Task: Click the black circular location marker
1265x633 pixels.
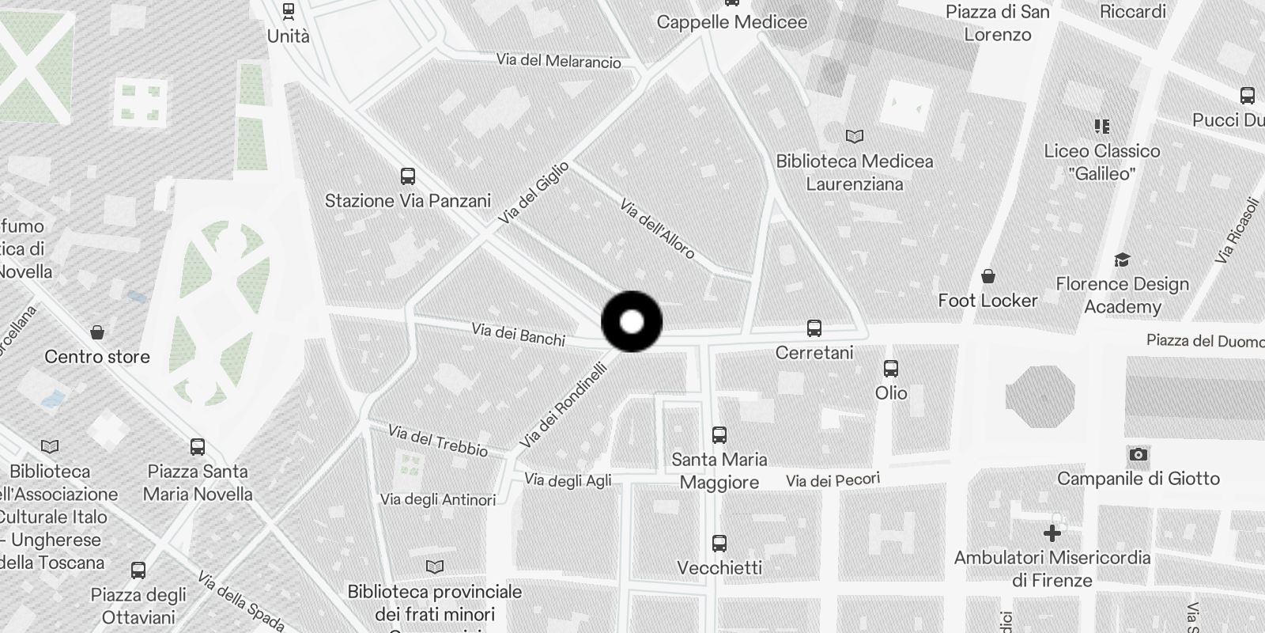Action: (x=632, y=321)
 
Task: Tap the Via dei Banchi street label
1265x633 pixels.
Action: (x=518, y=334)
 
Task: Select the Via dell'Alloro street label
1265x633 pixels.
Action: (x=657, y=229)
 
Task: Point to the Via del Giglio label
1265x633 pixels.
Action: (x=534, y=193)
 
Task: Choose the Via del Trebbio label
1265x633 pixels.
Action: (x=438, y=440)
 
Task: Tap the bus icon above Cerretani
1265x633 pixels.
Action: (x=814, y=328)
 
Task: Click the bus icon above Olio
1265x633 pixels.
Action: (x=891, y=368)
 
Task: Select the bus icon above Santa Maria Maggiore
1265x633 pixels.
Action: (x=719, y=434)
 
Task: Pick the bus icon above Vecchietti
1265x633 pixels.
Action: (x=719, y=543)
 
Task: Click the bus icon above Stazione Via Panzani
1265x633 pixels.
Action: (x=408, y=176)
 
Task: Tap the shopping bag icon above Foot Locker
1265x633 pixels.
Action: (x=987, y=276)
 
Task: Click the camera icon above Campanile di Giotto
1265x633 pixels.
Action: (x=1138, y=454)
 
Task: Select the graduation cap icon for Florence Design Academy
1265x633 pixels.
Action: (x=1122, y=260)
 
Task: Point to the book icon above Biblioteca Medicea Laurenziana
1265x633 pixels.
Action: (x=854, y=136)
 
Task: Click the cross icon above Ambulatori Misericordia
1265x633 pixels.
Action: (x=1052, y=533)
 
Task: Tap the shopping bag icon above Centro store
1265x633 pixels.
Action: (x=97, y=332)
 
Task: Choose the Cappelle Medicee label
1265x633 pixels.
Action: (x=732, y=22)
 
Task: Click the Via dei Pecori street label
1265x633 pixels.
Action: (x=833, y=480)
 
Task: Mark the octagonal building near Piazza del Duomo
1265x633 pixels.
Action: (x=1040, y=396)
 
